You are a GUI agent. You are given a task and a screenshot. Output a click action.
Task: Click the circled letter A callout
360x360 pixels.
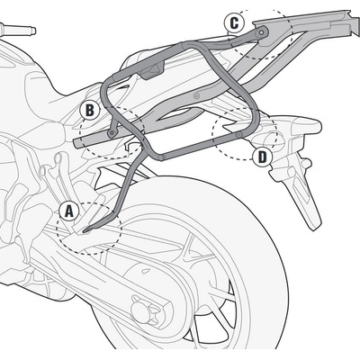click(69, 211)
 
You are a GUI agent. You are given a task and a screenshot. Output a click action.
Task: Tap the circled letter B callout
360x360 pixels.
click(89, 111)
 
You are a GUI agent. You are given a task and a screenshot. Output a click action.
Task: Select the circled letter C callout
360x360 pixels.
click(234, 22)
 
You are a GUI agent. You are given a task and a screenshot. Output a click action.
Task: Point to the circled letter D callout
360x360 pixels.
click(262, 157)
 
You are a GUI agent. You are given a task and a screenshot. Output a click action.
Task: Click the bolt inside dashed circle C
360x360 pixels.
click(263, 31)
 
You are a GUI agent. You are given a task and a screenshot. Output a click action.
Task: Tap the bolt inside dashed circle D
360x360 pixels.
click(239, 135)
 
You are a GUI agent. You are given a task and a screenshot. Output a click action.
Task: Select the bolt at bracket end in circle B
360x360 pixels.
click(112, 133)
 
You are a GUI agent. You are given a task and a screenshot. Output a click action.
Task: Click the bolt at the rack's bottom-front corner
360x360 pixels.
click(161, 157)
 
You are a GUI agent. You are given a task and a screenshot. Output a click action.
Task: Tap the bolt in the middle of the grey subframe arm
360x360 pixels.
click(196, 96)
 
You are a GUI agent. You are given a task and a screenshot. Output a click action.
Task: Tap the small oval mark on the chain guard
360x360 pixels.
click(146, 271)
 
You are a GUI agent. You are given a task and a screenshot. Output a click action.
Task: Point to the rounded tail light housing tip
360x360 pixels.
click(318, 126)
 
